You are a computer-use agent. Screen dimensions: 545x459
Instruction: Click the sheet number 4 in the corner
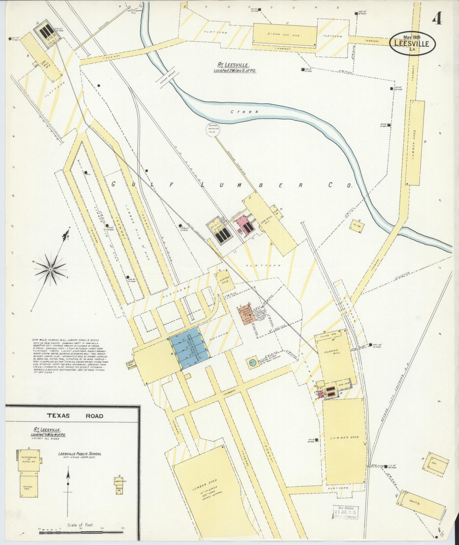click(437, 20)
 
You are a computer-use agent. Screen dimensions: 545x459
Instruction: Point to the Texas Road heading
click(75, 416)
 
